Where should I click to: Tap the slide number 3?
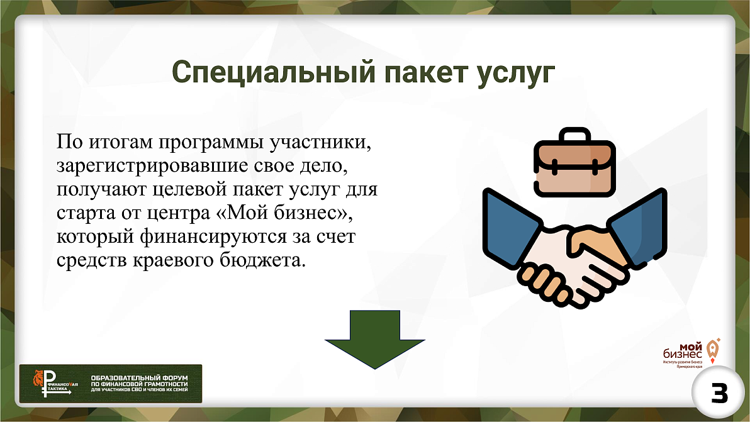pyautogui.click(x=715, y=394)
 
